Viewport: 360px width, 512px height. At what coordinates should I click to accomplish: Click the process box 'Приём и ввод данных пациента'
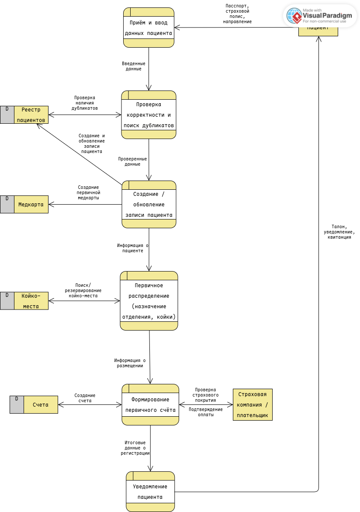pyautogui.click(x=149, y=27)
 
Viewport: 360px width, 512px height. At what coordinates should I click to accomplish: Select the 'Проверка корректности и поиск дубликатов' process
pyautogui.click(x=149, y=115)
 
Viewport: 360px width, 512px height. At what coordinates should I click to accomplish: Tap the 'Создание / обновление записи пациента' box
pyautogui.click(x=149, y=204)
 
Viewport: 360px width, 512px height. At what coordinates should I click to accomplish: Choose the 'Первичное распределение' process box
pyautogui.click(x=149, y=301)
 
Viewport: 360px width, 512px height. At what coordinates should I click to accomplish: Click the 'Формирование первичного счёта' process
pyautogui.click(x=150, y=404)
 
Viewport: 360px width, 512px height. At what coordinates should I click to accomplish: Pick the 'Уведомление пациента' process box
pyautogui.click(x=150, y=491)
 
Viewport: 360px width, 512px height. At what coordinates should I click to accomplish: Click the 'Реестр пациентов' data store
pyautogui.click(x=31, y=115)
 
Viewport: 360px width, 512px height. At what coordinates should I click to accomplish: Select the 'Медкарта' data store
pyautogui.click(x=31, y=204)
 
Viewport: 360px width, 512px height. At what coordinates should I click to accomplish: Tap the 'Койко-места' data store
pyautogui.click(x=31, y=301)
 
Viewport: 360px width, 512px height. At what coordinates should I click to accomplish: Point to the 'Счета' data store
pyautogui.click(x=41, y=404)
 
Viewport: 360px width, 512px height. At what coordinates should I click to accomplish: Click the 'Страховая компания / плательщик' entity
pyautogui.click(x=253, y=404)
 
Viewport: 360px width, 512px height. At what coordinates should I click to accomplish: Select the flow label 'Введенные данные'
pyautogui.click(x=134, y=66)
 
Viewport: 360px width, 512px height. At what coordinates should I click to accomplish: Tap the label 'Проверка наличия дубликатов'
pyautogui.click(x=85, y=103)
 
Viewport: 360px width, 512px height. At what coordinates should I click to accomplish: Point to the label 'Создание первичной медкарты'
pyautogui.click(x=89, y=192)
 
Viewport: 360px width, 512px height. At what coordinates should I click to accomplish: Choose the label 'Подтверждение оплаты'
pyautogui.click(x=205, y=412)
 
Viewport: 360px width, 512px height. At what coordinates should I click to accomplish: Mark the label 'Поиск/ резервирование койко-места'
pyautogui.click(x=83, y=290)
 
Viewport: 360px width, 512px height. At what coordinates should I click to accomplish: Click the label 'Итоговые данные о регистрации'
pyautogui.click(x=135, y=448)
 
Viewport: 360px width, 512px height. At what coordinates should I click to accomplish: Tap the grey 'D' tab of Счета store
pyautogui.click(x=17, y=404)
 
